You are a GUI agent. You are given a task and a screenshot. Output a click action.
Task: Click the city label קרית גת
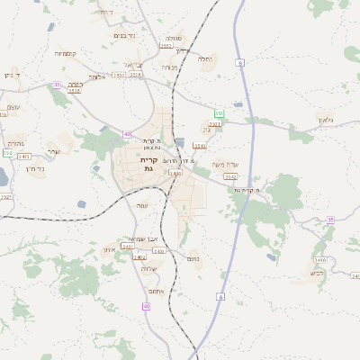click(x=148, y=164)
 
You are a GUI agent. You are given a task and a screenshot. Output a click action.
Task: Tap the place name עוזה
click(x=141, y=206)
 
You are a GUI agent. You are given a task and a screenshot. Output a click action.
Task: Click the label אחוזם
click(x=153, y=292)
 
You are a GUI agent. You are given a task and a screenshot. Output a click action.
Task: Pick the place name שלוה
click(x=149, y=267)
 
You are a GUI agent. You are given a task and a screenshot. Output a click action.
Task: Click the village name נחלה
click(x=205, y=60)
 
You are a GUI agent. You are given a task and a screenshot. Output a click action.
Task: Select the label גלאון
click(x=326, y=120)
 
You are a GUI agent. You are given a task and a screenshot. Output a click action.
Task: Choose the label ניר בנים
click(x=125, y=35)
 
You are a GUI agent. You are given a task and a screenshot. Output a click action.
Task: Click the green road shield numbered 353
click(x=219, y=113)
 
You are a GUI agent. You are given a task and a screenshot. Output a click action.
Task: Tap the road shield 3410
click(x=199, y=145)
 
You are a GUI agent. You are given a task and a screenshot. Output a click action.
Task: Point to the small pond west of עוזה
click(x=82, y=204)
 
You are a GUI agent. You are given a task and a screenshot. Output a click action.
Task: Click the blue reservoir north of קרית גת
click(x=180, y=141)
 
